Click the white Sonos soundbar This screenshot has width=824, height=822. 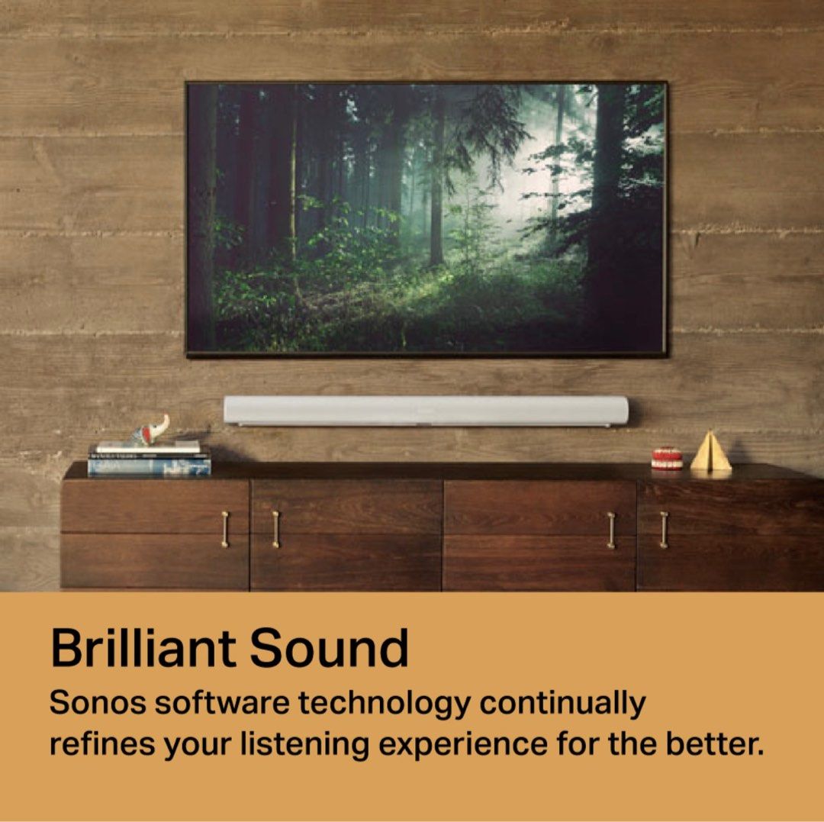[x=426, y=411]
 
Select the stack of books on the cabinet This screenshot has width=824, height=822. [x=149, y=460]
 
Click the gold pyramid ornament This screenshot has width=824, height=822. [x=710, y=453]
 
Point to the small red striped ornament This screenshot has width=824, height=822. [x=667, y=458]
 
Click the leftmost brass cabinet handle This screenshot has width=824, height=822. [x=224, y=529]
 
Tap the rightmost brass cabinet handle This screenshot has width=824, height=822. [x=663, y=529]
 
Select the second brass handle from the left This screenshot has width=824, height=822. [x=275, y=529]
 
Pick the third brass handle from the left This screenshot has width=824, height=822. [x=611, y=529]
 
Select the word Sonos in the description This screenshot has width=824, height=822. [x=97, y=703]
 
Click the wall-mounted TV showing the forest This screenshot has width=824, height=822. [x=426, y=218]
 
